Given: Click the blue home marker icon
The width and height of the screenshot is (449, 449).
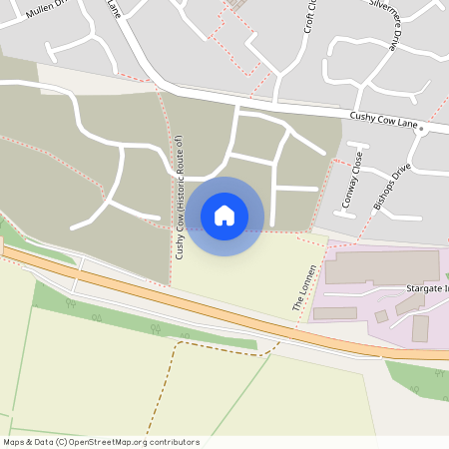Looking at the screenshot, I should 224,215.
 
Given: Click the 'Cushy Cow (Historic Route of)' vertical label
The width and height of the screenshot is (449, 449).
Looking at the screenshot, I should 180,197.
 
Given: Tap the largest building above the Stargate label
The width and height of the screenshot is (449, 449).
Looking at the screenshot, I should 381,266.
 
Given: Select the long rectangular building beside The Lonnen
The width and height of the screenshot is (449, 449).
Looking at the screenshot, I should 334,313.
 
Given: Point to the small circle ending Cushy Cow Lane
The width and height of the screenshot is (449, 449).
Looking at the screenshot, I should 422,129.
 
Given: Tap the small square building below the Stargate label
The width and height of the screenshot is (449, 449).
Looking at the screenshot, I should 381,316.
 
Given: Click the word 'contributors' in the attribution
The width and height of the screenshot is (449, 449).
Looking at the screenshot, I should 173,442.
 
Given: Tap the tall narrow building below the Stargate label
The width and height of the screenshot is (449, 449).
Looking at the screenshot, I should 420,328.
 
